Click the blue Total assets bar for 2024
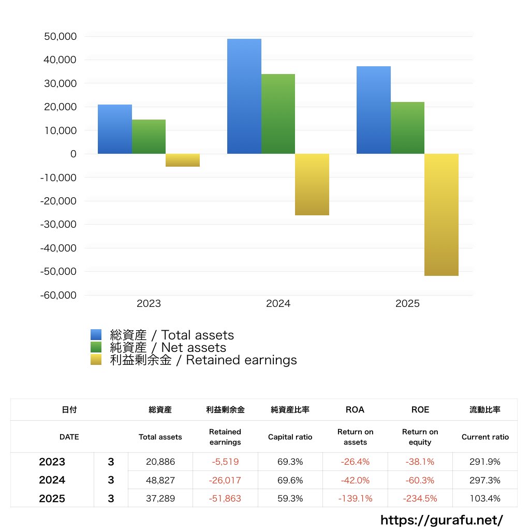point(244,96)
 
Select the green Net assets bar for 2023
point(149,137)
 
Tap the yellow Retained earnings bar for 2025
point(441,215)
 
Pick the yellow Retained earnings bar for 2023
point(183,160)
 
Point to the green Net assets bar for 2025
point(407,128)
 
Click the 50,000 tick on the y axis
point(61,37)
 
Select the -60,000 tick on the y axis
point(59,295)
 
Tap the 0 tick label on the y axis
point(73,154)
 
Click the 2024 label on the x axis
point(278,304)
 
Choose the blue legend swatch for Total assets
point(96,335)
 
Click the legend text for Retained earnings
point(203,360)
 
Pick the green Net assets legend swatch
point(96,347)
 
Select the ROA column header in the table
point(355,410)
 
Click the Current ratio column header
point(485,437)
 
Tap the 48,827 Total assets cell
point(160,480)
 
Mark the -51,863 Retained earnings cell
point(225,499)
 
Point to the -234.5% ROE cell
point(420,499)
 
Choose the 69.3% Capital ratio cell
point(290,462)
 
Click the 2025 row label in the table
point(52,499)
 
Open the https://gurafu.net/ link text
point(441,520)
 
